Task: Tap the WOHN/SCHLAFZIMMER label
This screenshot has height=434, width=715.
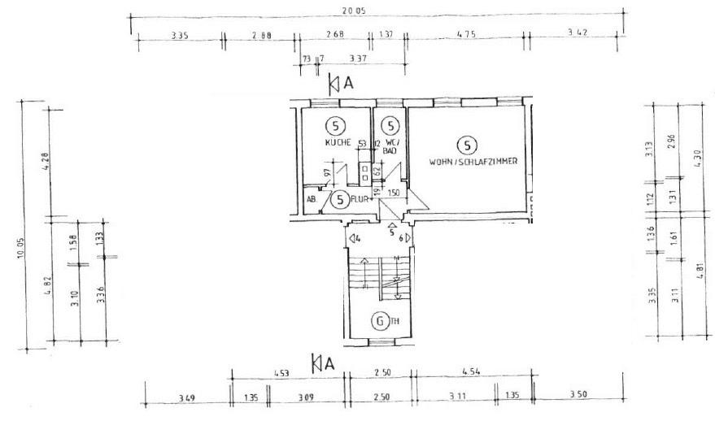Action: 473,161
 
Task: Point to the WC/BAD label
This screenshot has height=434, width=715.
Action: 390,146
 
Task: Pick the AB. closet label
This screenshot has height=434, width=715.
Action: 311,198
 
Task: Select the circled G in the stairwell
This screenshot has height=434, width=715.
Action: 379,321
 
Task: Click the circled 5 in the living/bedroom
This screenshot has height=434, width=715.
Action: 466,145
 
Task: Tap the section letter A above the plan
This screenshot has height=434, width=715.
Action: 348,83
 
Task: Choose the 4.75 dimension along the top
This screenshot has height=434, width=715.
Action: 466,34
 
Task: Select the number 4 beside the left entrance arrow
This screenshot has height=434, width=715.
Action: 357,238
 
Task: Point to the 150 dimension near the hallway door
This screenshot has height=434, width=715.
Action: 395,193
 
